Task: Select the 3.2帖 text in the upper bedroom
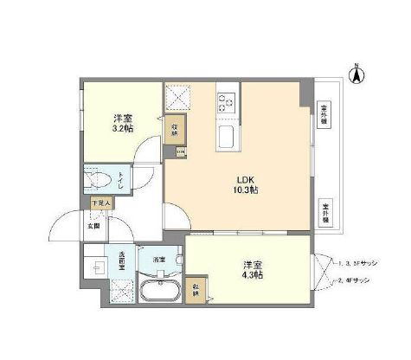[122, 129]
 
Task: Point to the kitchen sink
[225, 137]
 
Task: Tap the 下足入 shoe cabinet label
[100, 203]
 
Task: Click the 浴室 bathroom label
[158, 259]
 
